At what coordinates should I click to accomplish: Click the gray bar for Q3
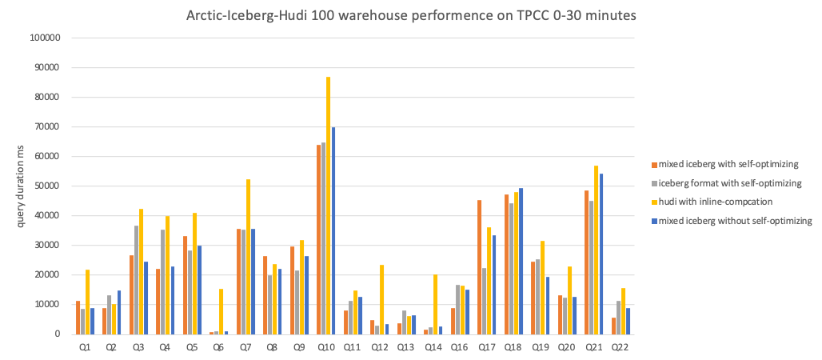136,280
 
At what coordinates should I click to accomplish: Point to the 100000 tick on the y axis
54,38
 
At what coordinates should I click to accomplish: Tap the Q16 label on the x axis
460,347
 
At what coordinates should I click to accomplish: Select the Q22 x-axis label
620,347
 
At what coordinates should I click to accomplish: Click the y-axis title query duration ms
21,186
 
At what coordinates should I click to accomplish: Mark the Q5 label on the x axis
192,347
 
